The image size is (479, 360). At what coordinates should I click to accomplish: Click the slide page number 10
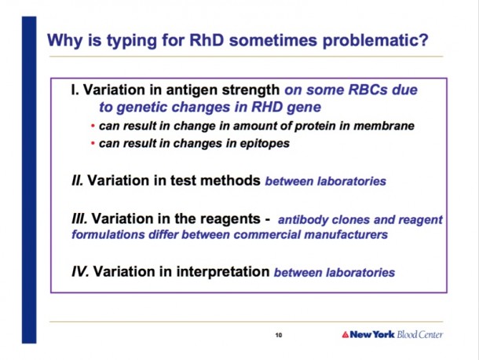279,335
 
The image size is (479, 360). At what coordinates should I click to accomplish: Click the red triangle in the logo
346,335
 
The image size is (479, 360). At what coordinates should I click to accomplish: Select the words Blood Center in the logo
420,334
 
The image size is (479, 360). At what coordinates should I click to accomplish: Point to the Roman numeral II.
77,181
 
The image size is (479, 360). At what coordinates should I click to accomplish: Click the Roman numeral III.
79,219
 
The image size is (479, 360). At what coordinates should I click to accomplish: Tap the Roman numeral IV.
80,271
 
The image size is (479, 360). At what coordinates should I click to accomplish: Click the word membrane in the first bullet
384,126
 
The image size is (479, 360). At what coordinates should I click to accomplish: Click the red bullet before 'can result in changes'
93,143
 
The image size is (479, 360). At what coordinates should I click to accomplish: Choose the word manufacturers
346,234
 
